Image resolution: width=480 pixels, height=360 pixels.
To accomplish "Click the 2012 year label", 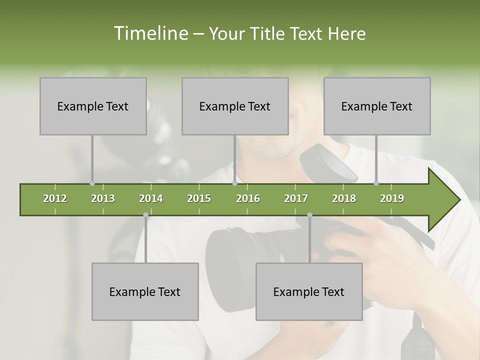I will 55,198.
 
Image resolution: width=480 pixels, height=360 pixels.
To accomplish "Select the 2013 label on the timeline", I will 103,198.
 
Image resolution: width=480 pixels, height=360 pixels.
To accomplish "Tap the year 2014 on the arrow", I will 151,198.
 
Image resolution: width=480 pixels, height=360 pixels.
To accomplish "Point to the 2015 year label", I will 199,198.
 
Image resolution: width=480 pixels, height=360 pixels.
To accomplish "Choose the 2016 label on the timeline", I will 248,198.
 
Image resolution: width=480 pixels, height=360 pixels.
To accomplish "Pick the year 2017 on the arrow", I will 296,198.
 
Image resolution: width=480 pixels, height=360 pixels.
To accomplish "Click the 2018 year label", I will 344,198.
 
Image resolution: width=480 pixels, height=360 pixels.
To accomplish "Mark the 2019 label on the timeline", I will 392,198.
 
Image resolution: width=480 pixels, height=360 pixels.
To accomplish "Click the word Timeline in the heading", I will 149,33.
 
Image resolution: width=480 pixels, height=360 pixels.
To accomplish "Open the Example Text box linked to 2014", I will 145,291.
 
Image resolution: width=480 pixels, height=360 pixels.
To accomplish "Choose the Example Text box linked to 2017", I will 309,291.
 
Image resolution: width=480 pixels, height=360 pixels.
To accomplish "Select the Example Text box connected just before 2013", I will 93,106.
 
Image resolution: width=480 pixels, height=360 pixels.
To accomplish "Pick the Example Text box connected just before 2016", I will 235,106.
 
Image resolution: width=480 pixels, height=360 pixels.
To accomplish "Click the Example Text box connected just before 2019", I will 377,106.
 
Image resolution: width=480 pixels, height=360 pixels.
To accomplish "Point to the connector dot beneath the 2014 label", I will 145,215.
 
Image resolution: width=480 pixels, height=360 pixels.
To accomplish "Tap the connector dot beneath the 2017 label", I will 309,215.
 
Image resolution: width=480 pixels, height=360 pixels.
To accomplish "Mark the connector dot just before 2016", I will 234,183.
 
